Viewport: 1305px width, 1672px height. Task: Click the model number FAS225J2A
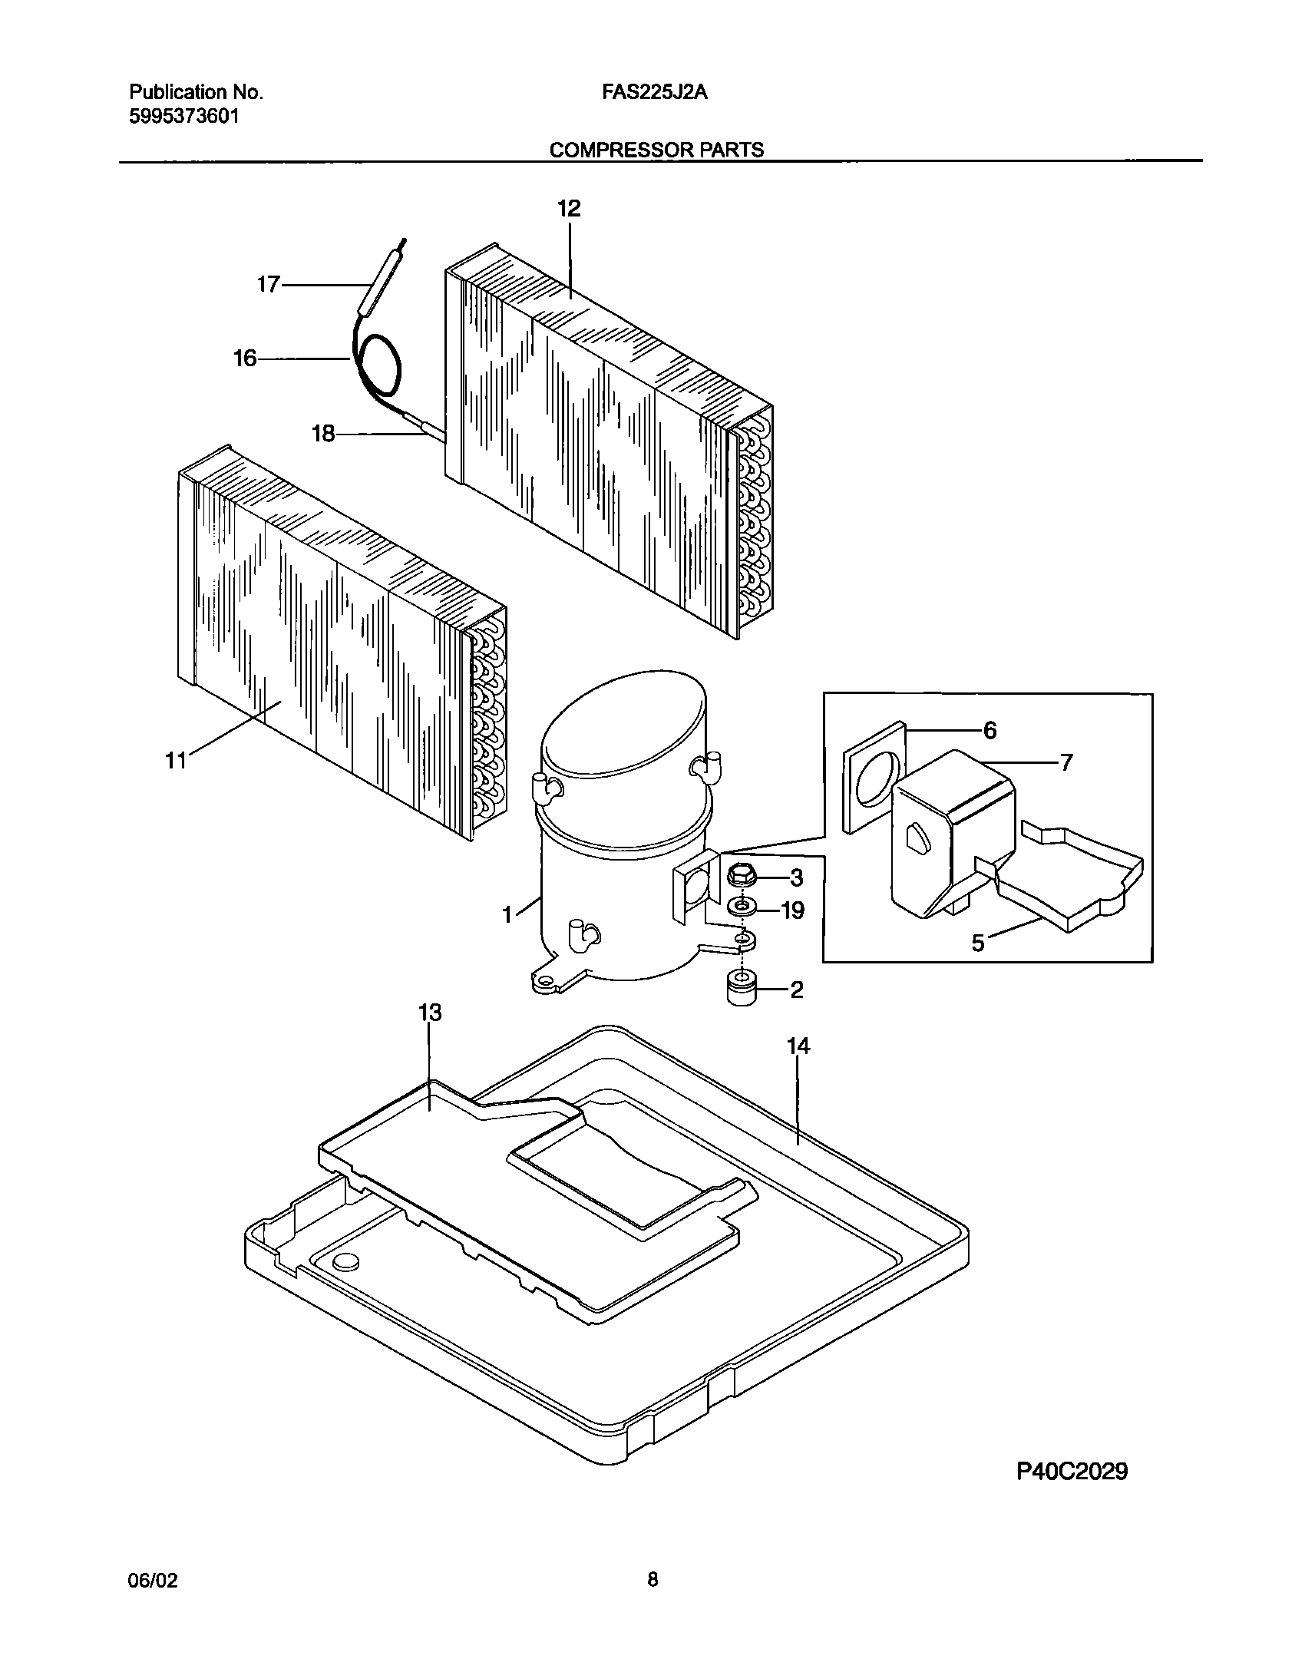coord(655,93)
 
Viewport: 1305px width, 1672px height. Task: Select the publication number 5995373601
coord(183,117)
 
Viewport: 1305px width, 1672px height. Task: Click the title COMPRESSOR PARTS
coord(656,150)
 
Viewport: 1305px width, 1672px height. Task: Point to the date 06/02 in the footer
coord(151,1580)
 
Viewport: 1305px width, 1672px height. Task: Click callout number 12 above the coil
coord(569,209)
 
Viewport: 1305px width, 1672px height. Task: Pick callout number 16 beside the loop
coord(245,359)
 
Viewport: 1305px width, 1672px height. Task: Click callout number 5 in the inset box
coord(978,943)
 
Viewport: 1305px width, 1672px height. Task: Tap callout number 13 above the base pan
coord(430,1013)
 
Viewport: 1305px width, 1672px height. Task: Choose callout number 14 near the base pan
coord(798,1046)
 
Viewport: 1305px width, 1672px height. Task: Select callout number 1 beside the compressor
coord(507,914)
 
